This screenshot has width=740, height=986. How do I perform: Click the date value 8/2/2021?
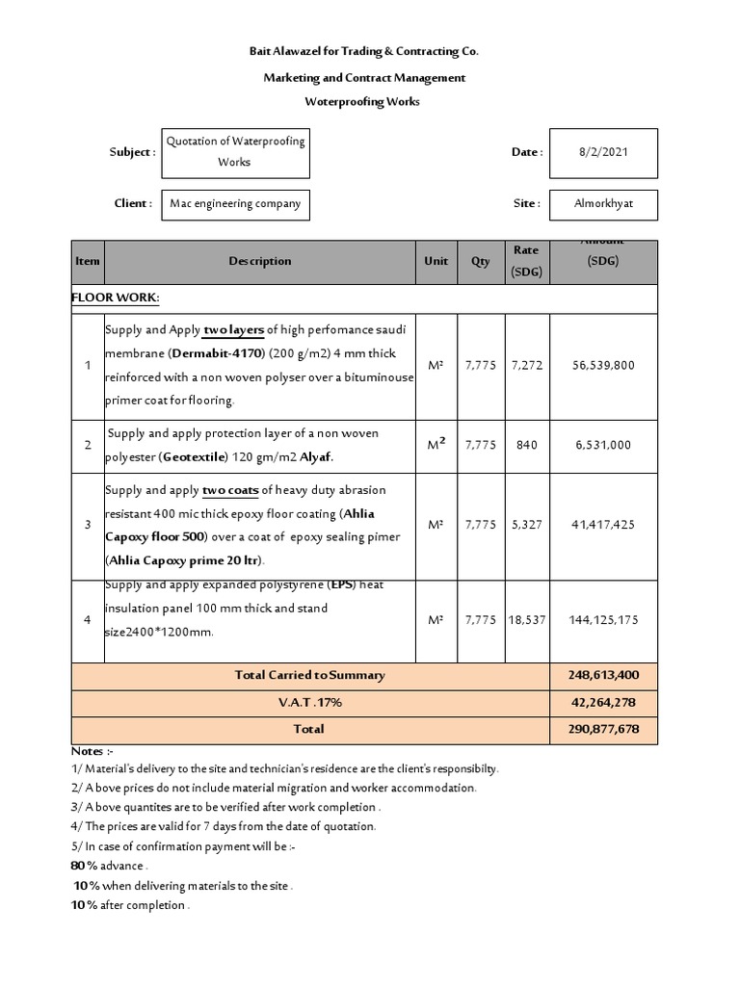[x=603, y=152]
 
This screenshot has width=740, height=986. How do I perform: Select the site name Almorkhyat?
[x=603, y=204]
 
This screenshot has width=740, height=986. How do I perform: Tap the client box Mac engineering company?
[x=235, y=204]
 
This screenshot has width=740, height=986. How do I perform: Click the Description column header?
[x=259, y=261]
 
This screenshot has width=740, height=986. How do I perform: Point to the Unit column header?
[x=436, y=261]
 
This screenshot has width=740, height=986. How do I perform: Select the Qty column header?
[x=480, y=261]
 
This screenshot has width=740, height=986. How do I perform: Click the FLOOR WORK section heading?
[x=116, y=298]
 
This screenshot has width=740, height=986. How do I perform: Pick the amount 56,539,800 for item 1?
[x=602, y=366]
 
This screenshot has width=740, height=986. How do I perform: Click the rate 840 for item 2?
[x=526, y=446]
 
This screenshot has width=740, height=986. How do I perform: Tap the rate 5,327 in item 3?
[x=526, y=525]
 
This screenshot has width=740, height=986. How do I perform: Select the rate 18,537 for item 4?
[x=526, y=620]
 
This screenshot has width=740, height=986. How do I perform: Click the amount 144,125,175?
[x=602, y=620]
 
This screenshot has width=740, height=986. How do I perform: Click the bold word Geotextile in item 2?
[x=198, y=458]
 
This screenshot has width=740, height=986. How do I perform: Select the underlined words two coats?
[x=231, y=490]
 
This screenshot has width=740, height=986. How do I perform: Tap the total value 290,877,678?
[x=602, y=730]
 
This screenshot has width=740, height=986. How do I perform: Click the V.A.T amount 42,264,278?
[x=602, y=703]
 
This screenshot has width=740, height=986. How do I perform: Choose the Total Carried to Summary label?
[x=309, y=676]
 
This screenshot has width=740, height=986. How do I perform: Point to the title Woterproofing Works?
[x=363, y=102]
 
